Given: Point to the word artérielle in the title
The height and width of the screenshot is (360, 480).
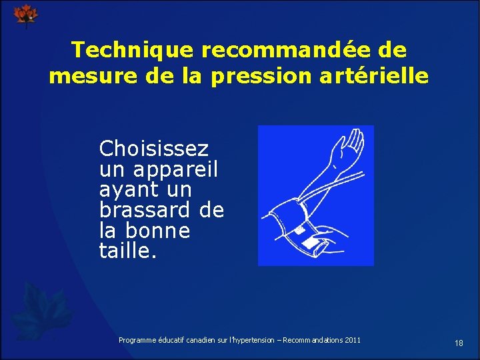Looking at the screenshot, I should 376,76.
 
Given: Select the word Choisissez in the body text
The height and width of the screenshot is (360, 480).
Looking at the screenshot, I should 153,149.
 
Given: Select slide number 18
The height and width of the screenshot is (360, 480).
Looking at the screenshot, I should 459,343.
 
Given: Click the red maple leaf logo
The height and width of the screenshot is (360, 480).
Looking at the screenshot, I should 27,15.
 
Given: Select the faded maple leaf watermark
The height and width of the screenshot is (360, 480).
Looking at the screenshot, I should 43,310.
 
